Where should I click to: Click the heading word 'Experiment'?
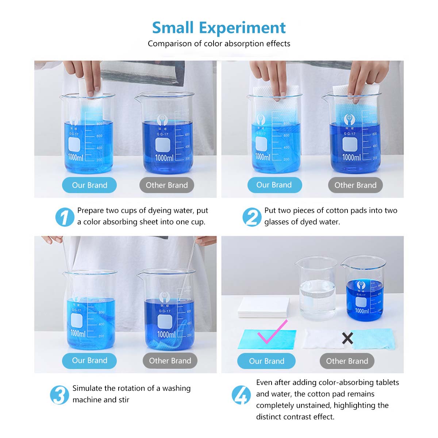pos(242,28)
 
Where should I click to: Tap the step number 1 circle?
pos(65,217)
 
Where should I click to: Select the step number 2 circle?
pos(252,217)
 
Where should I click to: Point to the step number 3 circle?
pos(59,395)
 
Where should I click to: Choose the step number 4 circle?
pos(241,395)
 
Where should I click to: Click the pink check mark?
pos(273,331)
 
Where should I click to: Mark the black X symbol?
pos(347,338)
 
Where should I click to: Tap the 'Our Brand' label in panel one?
pos(89,185)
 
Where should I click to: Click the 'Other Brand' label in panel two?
pos(355,185)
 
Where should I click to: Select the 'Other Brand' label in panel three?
pos(170,361)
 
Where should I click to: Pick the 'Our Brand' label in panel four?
pos(266,361)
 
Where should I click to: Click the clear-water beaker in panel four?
pos(316,289)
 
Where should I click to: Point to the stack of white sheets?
pos(264,307)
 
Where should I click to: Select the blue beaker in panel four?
pos(364,289)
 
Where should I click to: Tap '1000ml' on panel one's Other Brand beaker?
pos(164,158)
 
